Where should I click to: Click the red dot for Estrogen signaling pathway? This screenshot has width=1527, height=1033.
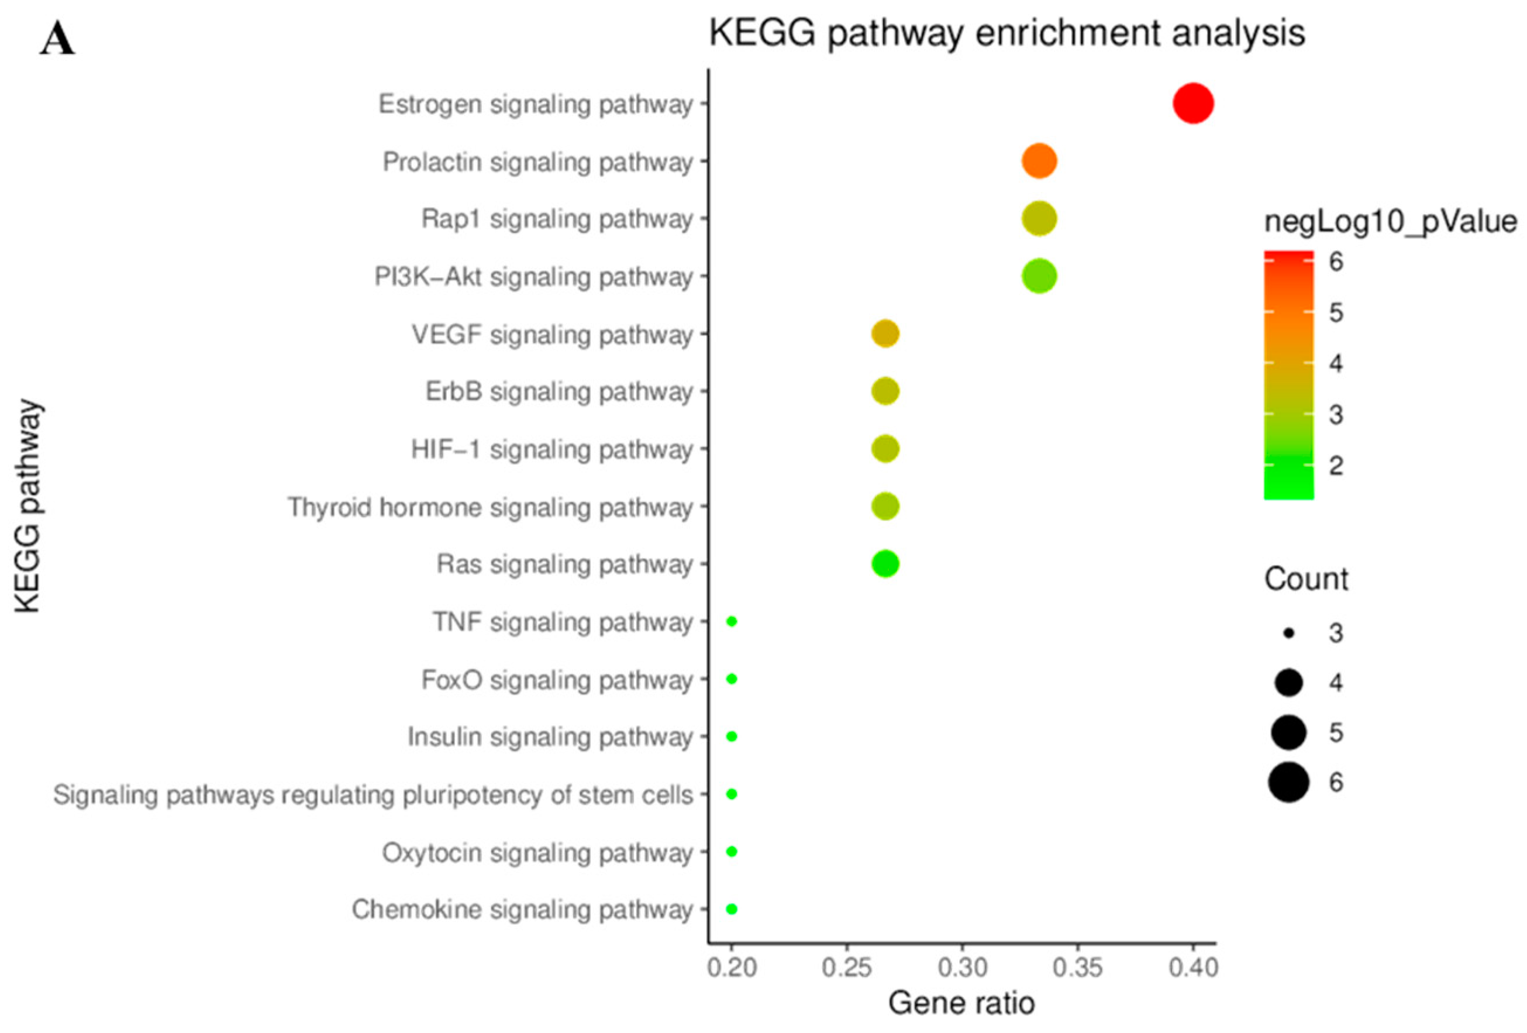click(1192, 104)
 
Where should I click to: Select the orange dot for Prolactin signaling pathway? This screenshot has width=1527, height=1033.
click(1039, 161)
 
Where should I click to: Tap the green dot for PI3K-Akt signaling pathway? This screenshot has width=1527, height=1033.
click(1039, 276)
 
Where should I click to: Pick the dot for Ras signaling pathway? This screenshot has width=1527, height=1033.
click(885, 564)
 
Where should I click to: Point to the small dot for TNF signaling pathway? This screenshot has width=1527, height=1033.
click(732, 621)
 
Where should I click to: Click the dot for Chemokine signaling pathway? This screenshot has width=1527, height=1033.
click(732, 909)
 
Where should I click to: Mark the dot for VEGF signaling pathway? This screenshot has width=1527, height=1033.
click(885, 334)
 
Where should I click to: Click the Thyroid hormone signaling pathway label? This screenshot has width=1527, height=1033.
click(490, 507)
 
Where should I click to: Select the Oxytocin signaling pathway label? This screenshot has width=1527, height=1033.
click(537, 853)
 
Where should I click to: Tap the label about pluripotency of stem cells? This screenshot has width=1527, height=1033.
click(373, 795)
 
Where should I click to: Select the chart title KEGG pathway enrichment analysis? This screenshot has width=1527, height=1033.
click(1006, 33)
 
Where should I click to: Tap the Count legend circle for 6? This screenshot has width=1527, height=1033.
click(1288, 782)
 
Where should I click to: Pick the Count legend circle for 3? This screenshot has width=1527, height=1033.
click(1288, 633)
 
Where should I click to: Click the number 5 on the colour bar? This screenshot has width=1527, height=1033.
click(1336, 313)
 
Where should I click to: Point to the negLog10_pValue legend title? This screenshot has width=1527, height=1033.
click(1390, 222)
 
